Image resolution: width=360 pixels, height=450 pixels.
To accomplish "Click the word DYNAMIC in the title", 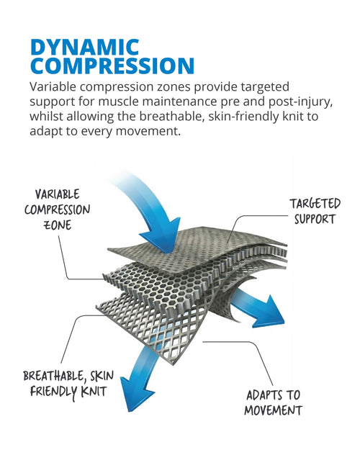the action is [x=85, y=48].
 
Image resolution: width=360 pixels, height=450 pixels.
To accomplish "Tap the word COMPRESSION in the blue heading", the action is [x=112, y=66].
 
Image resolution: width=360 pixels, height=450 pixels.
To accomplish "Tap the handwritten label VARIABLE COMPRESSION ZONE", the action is [x=58, y=210].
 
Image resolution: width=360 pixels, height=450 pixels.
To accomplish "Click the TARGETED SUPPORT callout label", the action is [x=315, y=211].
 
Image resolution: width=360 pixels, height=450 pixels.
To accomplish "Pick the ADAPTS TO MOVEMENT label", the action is [x=274, y=402].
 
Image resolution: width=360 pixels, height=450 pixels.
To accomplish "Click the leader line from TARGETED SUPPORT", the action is [x=253, y=216].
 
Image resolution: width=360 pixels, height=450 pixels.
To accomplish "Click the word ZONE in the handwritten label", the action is [x=58, y=225].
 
